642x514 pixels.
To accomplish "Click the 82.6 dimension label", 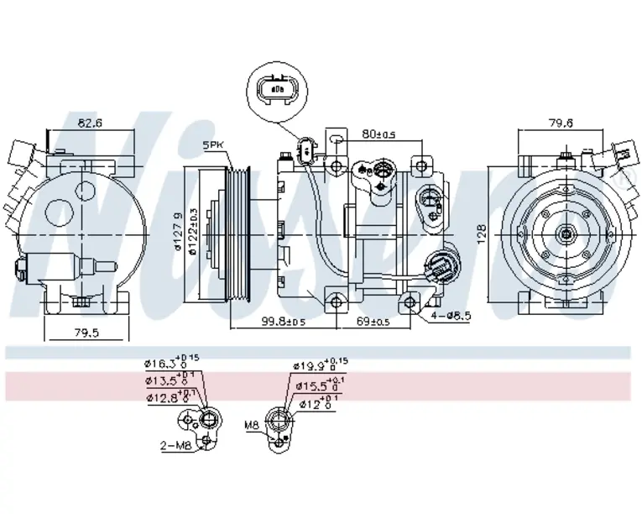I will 90,123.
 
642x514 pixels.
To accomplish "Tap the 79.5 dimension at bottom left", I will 86,333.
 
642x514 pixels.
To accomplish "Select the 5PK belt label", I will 214,146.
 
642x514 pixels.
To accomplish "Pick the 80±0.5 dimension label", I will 379,133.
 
